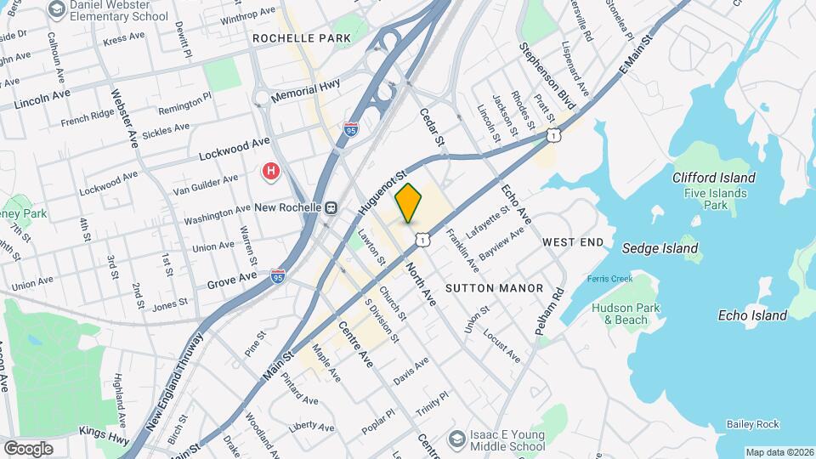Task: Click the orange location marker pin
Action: (409, 203)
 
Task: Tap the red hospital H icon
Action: (271, 172)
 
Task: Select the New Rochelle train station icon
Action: (331, 207)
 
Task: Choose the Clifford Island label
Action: (713, 178)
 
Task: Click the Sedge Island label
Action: (660, 249)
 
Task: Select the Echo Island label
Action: (752, 315)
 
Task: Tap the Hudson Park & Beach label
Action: (626, 314)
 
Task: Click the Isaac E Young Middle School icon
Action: (457, 438)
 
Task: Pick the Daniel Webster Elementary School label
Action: (119, 11)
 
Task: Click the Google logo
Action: (28, 448)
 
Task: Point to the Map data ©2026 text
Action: (779, 452)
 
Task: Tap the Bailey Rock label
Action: (752, 423)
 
